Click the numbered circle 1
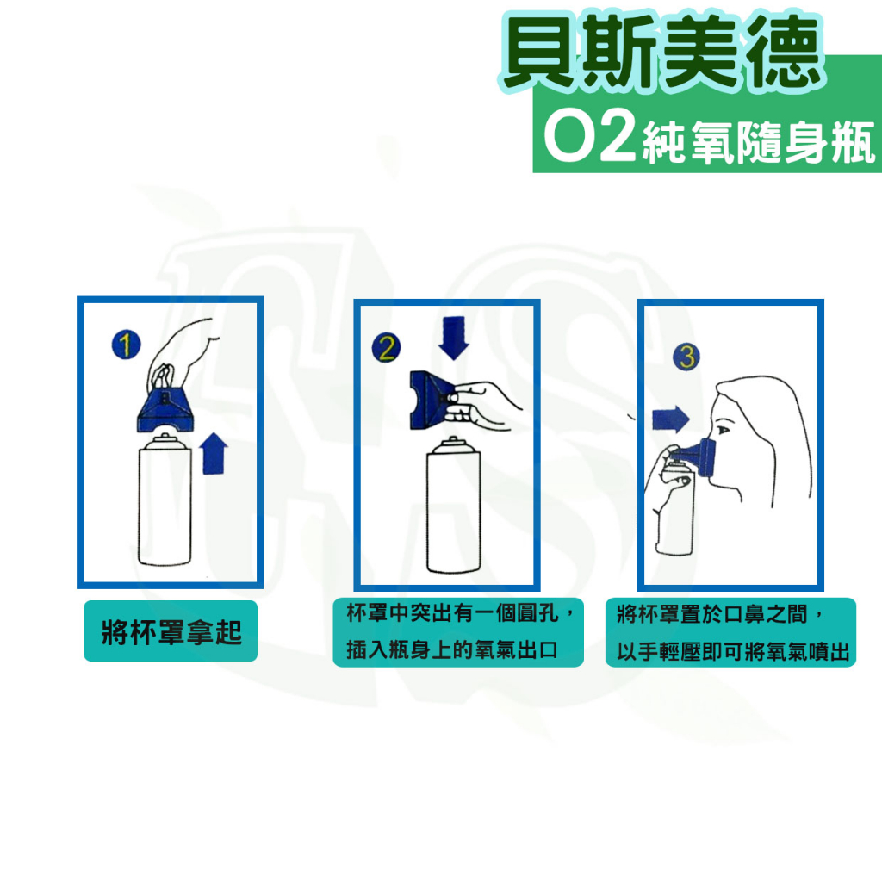click(126, 345)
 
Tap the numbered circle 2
click(387, 348)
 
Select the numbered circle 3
click(686, 357)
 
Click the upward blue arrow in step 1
click(214, 453)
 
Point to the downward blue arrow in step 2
click(453, 338)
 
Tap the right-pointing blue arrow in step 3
click(670, 419)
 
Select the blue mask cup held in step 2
click(432, 400)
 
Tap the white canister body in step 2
click(453, 511)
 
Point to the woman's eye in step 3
click(723, 431)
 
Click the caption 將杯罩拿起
click(171, 631)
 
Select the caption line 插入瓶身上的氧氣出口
click(451, 650)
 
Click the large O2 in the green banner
click(590, 135)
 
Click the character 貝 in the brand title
click(541, 52)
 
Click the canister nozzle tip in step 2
click(453, 440)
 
